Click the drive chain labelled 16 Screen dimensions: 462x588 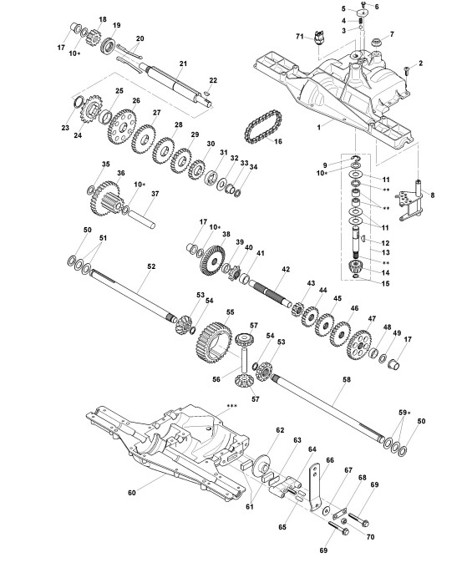pyautogui.click(x=263, y=126)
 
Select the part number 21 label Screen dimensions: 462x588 pyautogui.click(x=183, y=63)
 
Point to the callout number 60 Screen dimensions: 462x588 pyautogui.click(x=132, y=493)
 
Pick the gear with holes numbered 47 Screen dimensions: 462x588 pyautogui.click(x=359, y=343)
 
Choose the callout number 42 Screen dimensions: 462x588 pyautogui.click(x=286, y=269)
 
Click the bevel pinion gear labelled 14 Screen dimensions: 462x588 pyautogui.click(x=355, y=266)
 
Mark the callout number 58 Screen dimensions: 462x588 pyautogui.click(x=347, y=379)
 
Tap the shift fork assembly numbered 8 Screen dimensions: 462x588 pyautogui.click(x=411, y=200)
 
